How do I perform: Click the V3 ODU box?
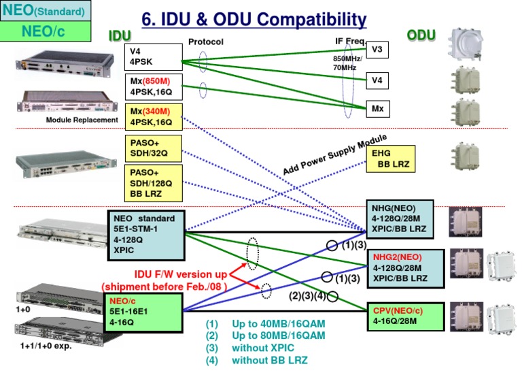377,49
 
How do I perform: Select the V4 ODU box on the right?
377,80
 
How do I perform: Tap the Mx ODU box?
377,108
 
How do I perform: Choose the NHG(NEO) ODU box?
399,218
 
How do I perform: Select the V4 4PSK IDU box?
154,56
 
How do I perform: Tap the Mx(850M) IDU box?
154,86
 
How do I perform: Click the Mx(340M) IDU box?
154,117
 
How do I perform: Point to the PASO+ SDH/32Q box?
154,148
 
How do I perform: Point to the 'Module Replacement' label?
82,120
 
